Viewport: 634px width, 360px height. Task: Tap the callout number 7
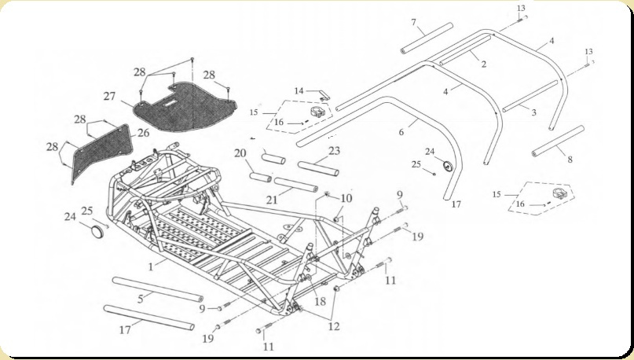pos(413,21)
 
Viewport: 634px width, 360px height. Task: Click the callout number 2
pos(484,63)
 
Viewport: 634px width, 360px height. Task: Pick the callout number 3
pos(533,113)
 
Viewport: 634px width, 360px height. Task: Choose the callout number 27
pos(108,97)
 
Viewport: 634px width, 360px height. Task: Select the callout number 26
pos(143,133)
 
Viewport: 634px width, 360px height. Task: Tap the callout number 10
pos(346,198)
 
